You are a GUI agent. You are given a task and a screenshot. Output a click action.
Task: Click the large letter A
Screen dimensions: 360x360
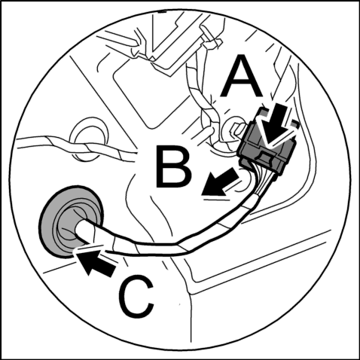[x=241, y=77]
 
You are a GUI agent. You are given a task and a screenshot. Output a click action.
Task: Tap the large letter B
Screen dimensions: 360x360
[x=173, y=167]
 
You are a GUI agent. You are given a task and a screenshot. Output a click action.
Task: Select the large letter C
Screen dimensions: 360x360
[x=136, y=297]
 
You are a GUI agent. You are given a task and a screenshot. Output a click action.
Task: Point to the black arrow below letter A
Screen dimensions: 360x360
[x=277, y=126]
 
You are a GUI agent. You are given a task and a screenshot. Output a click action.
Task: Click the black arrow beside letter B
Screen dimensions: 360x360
[x=219, y=183]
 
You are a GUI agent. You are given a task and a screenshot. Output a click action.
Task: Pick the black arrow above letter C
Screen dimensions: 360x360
[x=96, y=263]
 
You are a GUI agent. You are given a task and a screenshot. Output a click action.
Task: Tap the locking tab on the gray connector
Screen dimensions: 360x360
[x=266, y=156]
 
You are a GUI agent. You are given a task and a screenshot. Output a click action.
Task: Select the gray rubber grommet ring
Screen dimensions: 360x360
[x=71, y=221]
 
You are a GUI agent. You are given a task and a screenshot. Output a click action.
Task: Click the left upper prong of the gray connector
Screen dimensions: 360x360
[x=262, y=112]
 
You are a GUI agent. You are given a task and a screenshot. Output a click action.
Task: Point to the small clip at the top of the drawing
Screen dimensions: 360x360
[x=210, y=39]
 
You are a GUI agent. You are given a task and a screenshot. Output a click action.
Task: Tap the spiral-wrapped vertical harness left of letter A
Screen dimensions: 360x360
[x=201, y=96]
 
